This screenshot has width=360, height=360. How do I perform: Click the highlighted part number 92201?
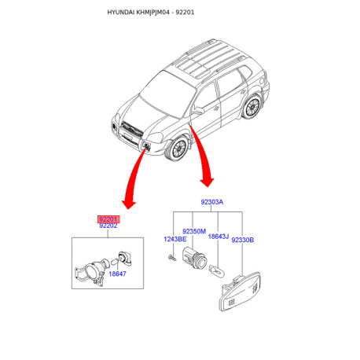[x=108, y=219]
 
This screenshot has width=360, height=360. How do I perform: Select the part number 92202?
[x=108, y=226]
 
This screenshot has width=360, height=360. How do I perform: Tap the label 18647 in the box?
[x=117, y=274]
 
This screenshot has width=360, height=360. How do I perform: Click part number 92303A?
[x=212, y=202]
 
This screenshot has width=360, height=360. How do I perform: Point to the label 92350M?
[x=194, y=231]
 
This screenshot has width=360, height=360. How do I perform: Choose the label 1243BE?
[x=175, y=239]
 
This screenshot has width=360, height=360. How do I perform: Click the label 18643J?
[x=219, y=237]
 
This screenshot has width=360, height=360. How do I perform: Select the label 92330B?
[x=243, y=240]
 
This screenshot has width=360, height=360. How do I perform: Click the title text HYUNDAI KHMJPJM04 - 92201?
[x=151, y=13]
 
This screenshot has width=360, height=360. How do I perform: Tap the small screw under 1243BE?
[x=172, y=258]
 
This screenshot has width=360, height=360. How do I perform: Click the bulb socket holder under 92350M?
[x=195, y=258]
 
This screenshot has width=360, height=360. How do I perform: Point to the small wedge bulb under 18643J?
[x=216, y=270]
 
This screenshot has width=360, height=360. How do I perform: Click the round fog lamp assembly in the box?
[x=92, y=272]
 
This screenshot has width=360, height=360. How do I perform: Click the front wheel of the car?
[x=178, y=149]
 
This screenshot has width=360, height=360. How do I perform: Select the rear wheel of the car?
[x=252, y=106]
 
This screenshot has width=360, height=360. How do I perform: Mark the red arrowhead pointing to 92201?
[x=129, y=204]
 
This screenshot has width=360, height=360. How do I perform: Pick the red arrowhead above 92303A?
[x=208, y=182]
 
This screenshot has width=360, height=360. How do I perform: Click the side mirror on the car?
[x=198, y=110]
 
